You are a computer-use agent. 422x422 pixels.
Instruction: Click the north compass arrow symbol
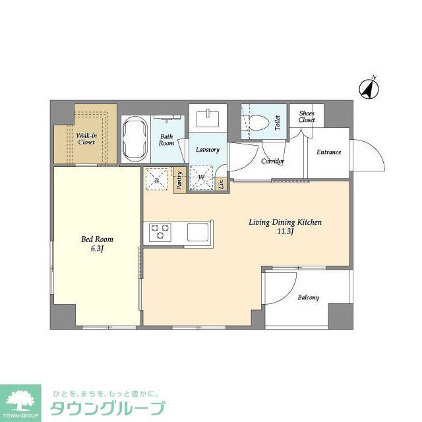[x=369, y=88]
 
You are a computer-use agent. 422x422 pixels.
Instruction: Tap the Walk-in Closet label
[x=86, y=138]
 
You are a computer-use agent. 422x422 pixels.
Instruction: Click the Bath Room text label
[x=167, y=140]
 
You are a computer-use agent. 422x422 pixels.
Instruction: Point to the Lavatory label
[x=207, y=150]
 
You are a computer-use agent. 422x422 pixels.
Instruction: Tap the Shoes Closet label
[x=307, y=117]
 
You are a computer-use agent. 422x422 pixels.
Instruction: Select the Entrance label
[x=328, y=152]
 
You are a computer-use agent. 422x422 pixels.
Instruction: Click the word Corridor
[x=272, y=161]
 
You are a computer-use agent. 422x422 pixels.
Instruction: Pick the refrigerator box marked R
[x=157, y=179]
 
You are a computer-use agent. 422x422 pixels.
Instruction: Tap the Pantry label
[x=179, y=181]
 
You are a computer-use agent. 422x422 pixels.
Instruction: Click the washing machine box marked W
[x=201, y=178]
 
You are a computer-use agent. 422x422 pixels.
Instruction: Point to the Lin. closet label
[x=222, y=183]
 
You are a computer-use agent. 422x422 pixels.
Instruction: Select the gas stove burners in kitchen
[x=160, y=232]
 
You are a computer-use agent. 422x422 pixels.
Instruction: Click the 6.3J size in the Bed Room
[x=97, y=249]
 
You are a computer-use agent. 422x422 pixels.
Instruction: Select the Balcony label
[x=308, y=297]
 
